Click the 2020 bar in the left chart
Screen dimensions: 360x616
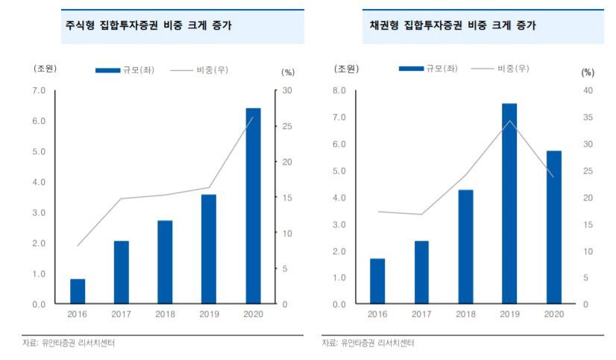click(x=254, y=206)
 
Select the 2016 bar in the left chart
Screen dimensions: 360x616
click(x=78, y=291)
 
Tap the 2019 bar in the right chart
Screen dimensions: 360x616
click(x=509, y=203)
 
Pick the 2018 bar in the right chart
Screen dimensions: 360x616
click(x=465, y=247)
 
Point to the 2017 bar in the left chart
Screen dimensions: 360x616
click(x=122, y=272)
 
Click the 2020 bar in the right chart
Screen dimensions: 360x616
click(x=553, y=227)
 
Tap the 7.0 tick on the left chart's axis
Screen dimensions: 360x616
click(x=38, y=91)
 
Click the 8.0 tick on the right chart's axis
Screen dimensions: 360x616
click(x=339, y=91)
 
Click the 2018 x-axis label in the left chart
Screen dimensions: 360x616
click(x=166, y=315)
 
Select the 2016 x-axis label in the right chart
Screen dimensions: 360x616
click(x=377, y=315)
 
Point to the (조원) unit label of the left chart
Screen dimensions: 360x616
click(x=45, y=69)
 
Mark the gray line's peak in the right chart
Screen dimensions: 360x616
click(x=509, y=121)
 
